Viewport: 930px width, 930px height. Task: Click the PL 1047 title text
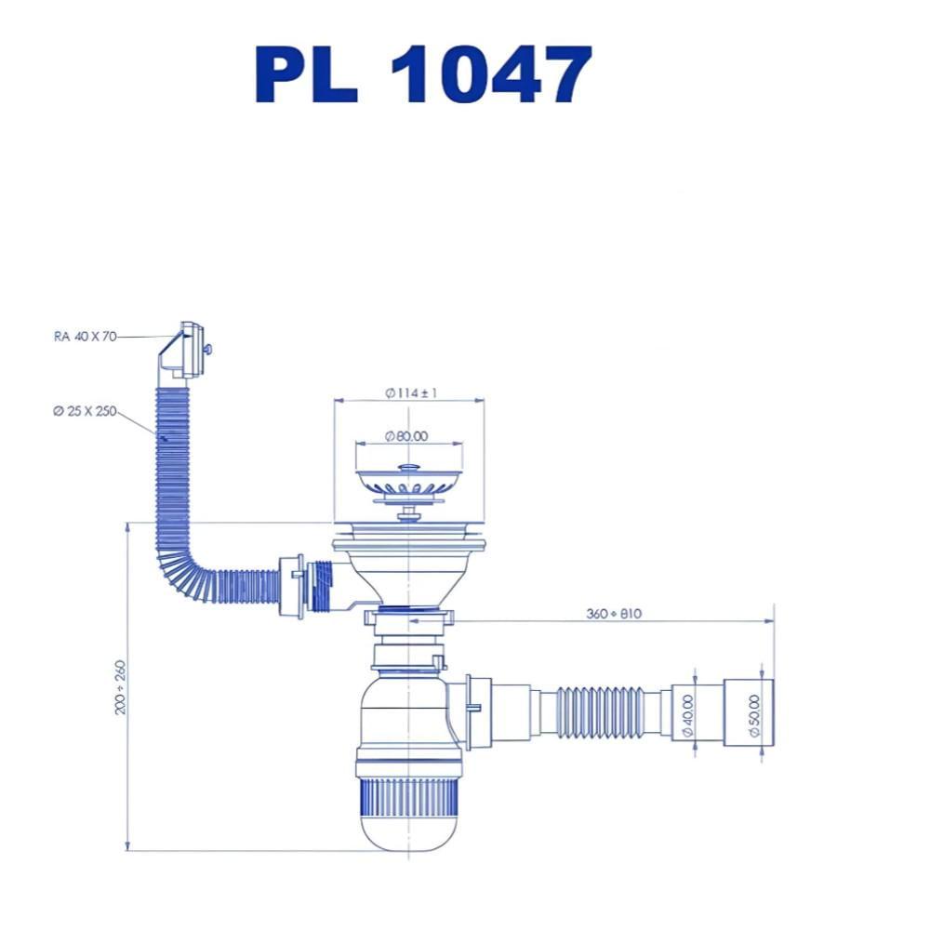[x=423, y=74]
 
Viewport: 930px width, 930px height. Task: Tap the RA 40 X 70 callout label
[x=85, y=337]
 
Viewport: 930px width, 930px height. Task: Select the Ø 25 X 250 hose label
[x=85, y=411]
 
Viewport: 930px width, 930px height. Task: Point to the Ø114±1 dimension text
[x=411, y=392]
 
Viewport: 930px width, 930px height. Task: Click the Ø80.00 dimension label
[x=406, y=436]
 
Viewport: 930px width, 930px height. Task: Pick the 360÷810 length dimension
[x=614, y=613]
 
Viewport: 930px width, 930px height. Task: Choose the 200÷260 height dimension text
[x=120, y=687]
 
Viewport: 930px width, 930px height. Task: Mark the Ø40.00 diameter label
[x=688, y=715]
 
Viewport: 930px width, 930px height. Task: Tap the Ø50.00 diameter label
[x=754, y=715]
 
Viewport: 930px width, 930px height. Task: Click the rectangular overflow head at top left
[x=185, y=352]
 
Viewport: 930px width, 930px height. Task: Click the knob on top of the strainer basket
[x=408, y=469]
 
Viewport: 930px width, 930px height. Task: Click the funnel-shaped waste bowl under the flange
[x=408, y=576]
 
